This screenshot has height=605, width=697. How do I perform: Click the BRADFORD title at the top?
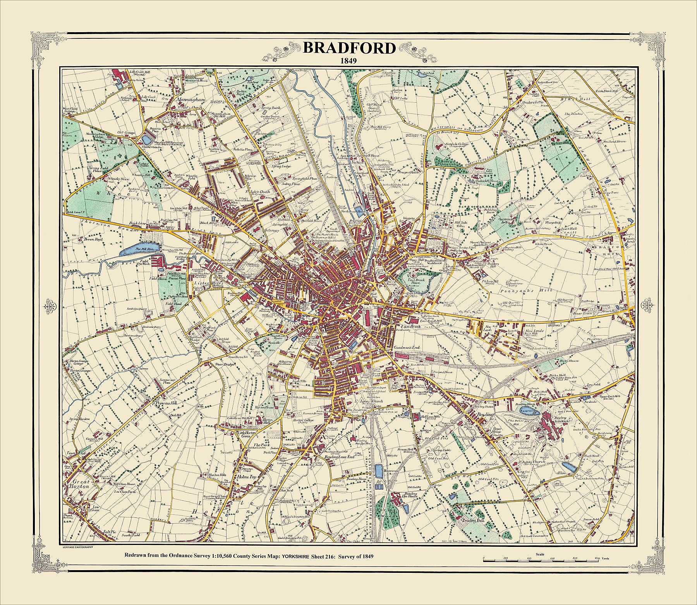click(x=349, y=48)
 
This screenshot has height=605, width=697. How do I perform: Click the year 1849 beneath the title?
click(x=348, y=60)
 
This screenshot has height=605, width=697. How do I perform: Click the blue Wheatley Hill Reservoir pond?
click(x=147, y=139)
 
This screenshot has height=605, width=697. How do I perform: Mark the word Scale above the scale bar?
click(x=539, y=554)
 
